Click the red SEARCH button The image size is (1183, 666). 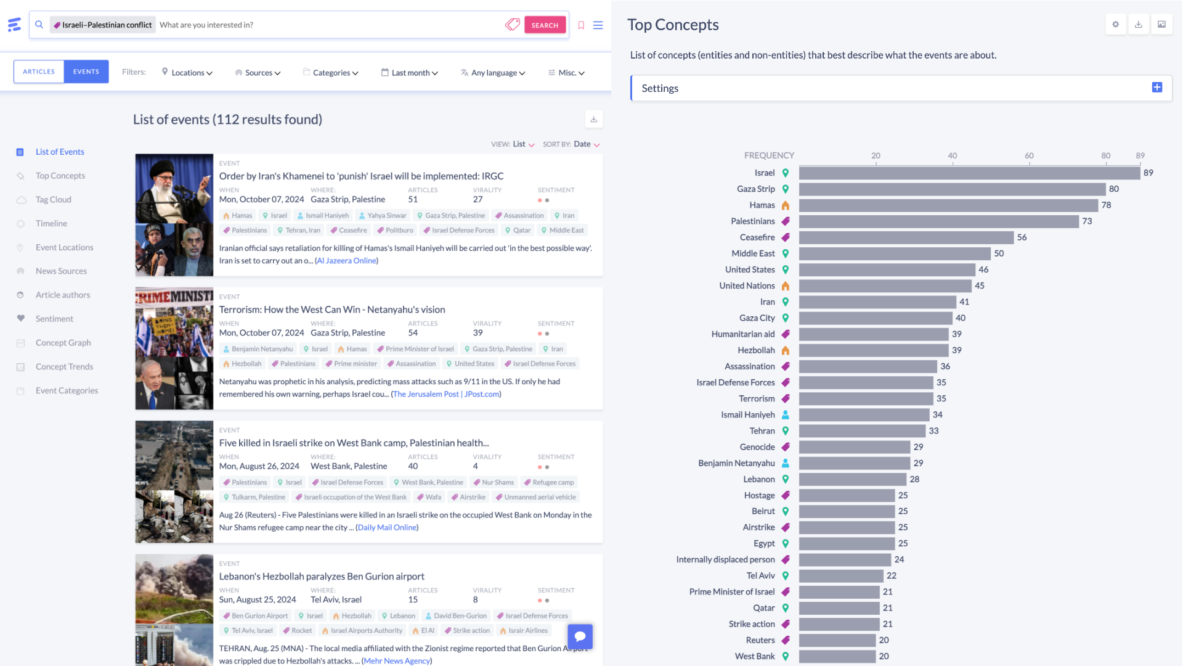coord(545,25)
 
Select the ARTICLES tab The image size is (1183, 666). coord(39,72)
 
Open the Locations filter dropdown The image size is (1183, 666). coord(187,73)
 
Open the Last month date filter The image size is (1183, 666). coord(410,73)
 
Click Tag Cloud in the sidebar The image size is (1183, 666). coord(53,200)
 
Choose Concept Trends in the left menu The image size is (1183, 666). coord(64,367)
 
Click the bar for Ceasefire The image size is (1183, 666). coord(906,237)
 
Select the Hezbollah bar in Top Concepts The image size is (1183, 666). coord(874,350)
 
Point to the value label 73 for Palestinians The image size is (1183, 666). coord(1087,221)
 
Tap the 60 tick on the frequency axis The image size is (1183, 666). coord(1029,156)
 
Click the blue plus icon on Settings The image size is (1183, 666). coord(1157,88)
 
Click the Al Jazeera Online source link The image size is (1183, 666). coord(346,261)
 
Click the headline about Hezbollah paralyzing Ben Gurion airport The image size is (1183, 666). coord(322,577)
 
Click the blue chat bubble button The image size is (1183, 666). coord(580,636)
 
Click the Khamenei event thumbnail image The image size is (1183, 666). coord(174,215)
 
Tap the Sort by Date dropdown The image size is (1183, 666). coord(586,144)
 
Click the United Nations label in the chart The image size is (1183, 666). coord(747,286)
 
